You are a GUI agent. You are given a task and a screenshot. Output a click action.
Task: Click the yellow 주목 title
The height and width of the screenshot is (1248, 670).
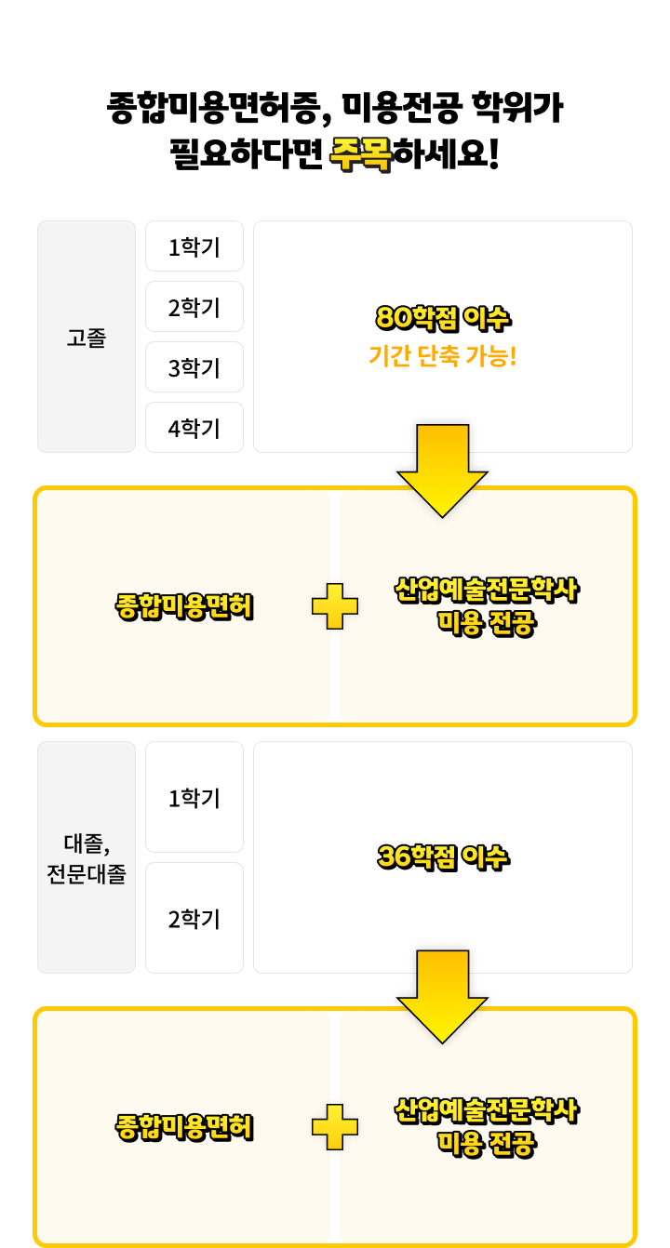[x=361, y=154]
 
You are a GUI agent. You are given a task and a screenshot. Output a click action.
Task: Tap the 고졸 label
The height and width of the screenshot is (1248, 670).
[x=87, y=338]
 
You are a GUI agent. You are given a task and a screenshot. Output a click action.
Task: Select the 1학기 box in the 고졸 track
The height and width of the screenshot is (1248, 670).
[x=194, y=247]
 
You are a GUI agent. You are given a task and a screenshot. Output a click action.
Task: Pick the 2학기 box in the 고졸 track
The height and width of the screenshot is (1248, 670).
[x=194, y=308]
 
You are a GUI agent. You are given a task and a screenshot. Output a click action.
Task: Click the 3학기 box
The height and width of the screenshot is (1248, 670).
[x=194, y=368]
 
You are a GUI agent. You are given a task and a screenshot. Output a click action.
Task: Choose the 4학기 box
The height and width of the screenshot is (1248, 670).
[x=194, y=429]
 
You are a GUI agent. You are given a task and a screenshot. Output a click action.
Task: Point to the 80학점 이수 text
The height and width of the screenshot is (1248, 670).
[x=443, y=319]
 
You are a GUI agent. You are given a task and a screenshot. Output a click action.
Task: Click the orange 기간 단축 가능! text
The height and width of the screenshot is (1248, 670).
[x=443, y=355]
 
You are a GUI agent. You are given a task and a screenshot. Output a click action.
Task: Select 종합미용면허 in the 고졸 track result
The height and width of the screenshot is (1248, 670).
[x=184, y=607]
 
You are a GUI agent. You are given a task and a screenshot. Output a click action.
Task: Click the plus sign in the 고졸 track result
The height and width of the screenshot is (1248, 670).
[x=335, y=606]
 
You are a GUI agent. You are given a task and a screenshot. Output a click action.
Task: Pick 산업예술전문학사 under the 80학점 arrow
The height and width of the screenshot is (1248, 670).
[x=487, y=591]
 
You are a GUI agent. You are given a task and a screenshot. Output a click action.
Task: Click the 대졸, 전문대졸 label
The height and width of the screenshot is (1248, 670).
[x=87, y=858]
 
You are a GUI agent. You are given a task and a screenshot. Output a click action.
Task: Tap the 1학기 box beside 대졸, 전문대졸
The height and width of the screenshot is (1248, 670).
[x=194, y=798]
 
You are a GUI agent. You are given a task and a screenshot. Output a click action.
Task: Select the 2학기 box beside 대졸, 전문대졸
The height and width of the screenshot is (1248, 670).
[x=194, y=919]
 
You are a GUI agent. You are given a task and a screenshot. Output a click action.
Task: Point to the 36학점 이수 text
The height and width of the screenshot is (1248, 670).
[x=443, y=857]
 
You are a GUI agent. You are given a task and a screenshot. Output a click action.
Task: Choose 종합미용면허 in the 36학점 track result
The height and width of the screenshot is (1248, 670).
[x=184, y=1128]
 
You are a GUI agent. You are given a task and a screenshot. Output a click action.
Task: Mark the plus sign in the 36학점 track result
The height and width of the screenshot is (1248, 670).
[x=335, y=1127]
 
